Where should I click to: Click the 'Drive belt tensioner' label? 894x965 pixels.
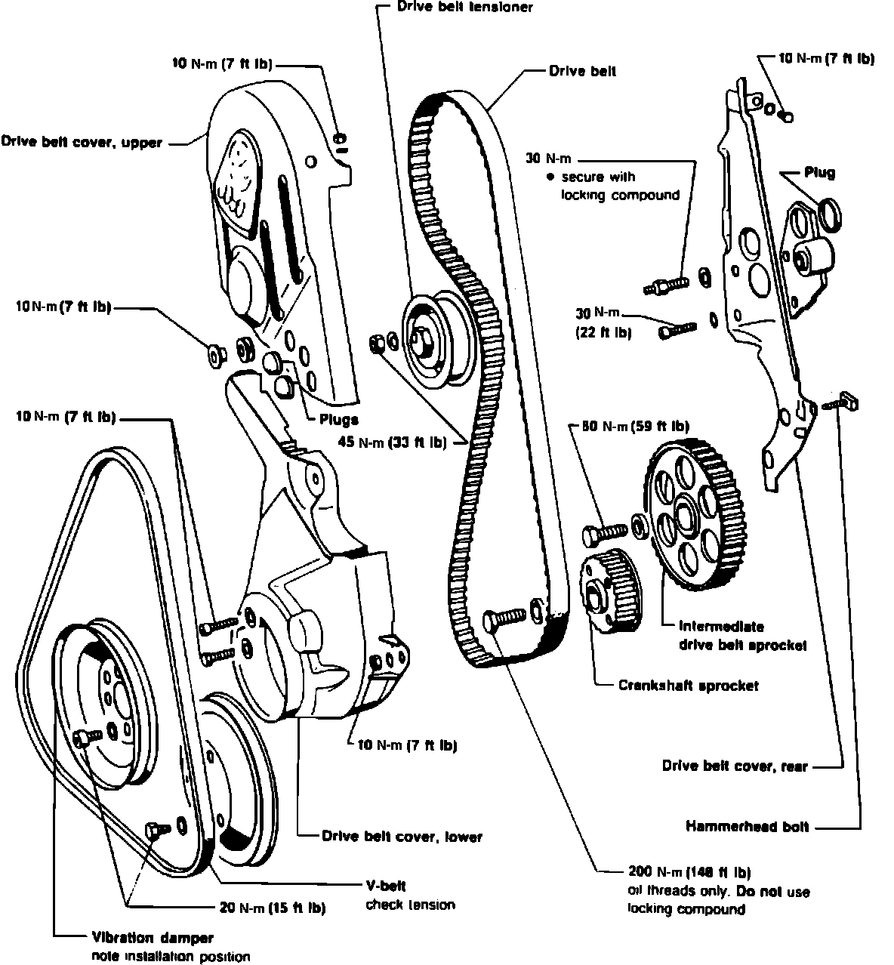tap(464, 8)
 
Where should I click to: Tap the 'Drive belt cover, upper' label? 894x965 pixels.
tap(82, 142)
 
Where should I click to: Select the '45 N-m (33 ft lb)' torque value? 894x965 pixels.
tap(392, 442)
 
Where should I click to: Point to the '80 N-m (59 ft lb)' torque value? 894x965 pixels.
tap(635, 427)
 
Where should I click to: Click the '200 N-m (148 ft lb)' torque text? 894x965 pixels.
tap(689, 872)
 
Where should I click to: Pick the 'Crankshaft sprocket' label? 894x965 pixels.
tap(688, 686)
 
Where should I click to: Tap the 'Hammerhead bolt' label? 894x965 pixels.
tap(748, 827)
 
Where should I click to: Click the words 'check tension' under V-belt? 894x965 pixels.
tap(410, 905)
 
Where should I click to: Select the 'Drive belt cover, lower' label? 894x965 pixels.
tap(402, 836)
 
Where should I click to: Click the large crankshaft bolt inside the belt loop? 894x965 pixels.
tap(504, 618)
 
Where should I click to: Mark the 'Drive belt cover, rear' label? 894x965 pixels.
tap(735, 766)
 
